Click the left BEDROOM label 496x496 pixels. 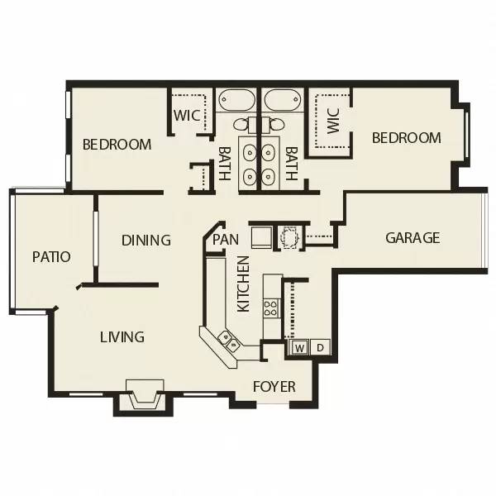[117, 145]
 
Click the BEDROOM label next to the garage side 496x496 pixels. [406, 138]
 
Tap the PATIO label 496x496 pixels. [51, 256]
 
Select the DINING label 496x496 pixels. [145, 241]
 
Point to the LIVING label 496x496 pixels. [122, 336]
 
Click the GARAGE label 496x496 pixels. [413, 238]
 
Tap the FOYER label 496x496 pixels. [274, 386]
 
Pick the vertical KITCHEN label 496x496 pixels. [244, 284]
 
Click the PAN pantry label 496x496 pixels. [226, 240]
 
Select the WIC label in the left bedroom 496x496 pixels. [186, 115]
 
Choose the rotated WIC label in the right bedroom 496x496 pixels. [333, 121]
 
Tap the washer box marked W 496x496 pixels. [298, 346]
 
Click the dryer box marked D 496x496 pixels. [320, 346]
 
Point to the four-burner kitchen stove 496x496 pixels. [270, 308]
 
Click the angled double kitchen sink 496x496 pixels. [228, 340]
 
